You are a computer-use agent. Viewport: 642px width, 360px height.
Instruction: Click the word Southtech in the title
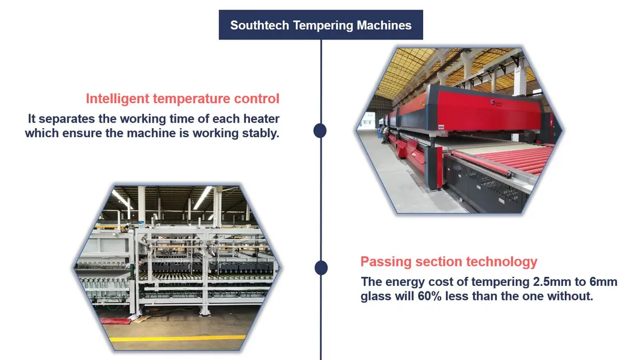[x=260, y=25]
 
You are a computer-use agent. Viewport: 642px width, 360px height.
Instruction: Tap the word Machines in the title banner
[x=384, y=25]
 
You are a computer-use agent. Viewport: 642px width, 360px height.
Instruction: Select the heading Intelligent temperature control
[x=183, y=99]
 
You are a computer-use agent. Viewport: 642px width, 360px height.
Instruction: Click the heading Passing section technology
[x=449, y=262]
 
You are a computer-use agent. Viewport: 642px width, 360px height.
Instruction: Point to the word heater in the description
[x=261, y=119]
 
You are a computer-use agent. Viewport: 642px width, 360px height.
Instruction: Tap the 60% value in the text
[x=430, y=296]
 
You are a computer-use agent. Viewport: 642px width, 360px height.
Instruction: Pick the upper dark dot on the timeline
[x=320, y=131]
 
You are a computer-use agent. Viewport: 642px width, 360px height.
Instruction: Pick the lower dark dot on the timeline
[x=321, y=268]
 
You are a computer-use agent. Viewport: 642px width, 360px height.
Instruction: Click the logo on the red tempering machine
[x=496, y=103]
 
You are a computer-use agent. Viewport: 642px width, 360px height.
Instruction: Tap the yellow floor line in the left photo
[x=178, y=339]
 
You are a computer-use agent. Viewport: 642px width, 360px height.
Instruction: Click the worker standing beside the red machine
[x=384, y=135]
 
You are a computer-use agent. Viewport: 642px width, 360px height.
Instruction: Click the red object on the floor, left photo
[x=115, y=321]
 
